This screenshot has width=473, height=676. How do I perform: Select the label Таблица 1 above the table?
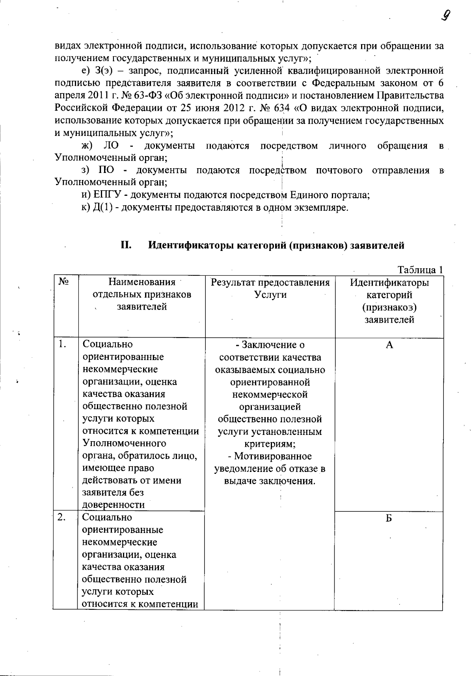[420, 270]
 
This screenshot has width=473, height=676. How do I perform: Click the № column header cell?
[64, 282]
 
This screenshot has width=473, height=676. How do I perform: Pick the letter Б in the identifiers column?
[389, 519]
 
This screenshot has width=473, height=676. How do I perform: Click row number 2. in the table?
[61, 517]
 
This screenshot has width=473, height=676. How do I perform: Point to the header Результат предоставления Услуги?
[270, 288]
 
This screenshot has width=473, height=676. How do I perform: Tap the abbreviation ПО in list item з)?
[106, 170]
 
